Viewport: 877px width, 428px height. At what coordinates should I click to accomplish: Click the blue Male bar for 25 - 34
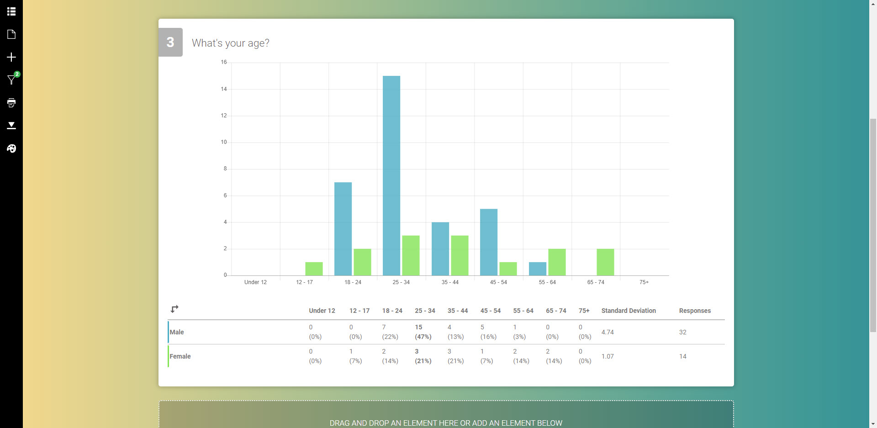point(391,176)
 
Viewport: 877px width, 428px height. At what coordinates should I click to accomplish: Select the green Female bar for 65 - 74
point(605,262)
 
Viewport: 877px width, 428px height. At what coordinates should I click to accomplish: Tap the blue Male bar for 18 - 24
point(343,229)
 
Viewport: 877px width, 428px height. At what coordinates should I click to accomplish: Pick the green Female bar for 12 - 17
point(314,269)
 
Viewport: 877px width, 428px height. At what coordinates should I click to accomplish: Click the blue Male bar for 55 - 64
point(538,269)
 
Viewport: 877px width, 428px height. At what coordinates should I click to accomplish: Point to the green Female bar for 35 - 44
point(460,256)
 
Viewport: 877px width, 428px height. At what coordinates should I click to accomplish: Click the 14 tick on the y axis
point(224,89)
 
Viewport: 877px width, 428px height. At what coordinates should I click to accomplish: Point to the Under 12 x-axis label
point(255,282)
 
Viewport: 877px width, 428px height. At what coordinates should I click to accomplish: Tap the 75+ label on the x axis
point(644,282)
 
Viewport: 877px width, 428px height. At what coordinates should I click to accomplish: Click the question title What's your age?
point(231,43)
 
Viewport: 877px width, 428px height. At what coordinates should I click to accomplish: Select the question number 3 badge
point(170,42)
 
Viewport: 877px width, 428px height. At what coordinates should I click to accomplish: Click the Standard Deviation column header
point(629,311)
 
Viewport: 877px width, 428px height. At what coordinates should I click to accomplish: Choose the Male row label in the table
point(177,332)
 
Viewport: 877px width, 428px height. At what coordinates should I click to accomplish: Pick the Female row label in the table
point(180,356)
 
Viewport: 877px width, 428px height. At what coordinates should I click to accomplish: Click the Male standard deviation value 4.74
point(608,332)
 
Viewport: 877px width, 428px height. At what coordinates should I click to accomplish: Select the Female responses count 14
point(682,356)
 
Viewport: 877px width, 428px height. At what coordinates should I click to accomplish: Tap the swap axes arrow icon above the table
point(174,309)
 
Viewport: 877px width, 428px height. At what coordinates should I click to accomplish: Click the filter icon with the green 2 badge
point(11,80)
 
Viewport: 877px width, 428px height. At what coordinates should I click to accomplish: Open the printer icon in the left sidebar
point(11,103)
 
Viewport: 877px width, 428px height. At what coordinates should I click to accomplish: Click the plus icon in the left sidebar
point(11,57)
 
